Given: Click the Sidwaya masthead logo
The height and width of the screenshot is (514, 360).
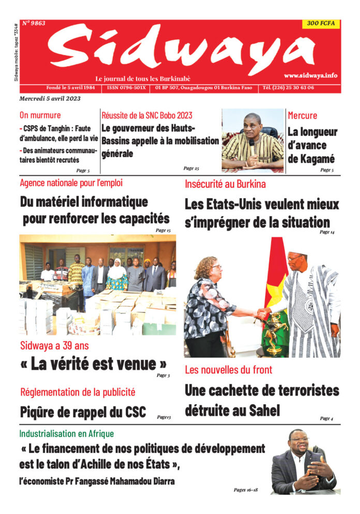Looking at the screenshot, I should pyautogui.click(x=181, y=49).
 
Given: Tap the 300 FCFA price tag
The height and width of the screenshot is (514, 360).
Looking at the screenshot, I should pyautogui.click(x=321, y=24).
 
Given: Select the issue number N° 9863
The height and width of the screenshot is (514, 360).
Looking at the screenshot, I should pyautogui.click(x=34, y=23).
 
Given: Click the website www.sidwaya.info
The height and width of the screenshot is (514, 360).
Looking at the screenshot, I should pyautogui.click(x=310, y=75).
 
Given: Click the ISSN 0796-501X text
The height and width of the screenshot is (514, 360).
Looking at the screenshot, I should pyautogui.click(x=126, y=87).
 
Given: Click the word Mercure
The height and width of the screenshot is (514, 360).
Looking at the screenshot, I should pyautogui.click(x=303, y=115).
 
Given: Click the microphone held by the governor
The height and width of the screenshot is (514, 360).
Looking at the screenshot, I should pyautogui.click(x=252, y=142).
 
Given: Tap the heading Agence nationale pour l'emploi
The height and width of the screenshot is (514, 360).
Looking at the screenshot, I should pyautogui.click(x=71, y=183).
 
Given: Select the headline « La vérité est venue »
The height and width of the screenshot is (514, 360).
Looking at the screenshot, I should pyautogui.click(x=94, y=364).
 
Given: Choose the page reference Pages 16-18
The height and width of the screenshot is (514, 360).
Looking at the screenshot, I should pyautogui.click(x=246, y=489).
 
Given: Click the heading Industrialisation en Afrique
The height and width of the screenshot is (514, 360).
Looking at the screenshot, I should pyautogui.click(x=67, y=434).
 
